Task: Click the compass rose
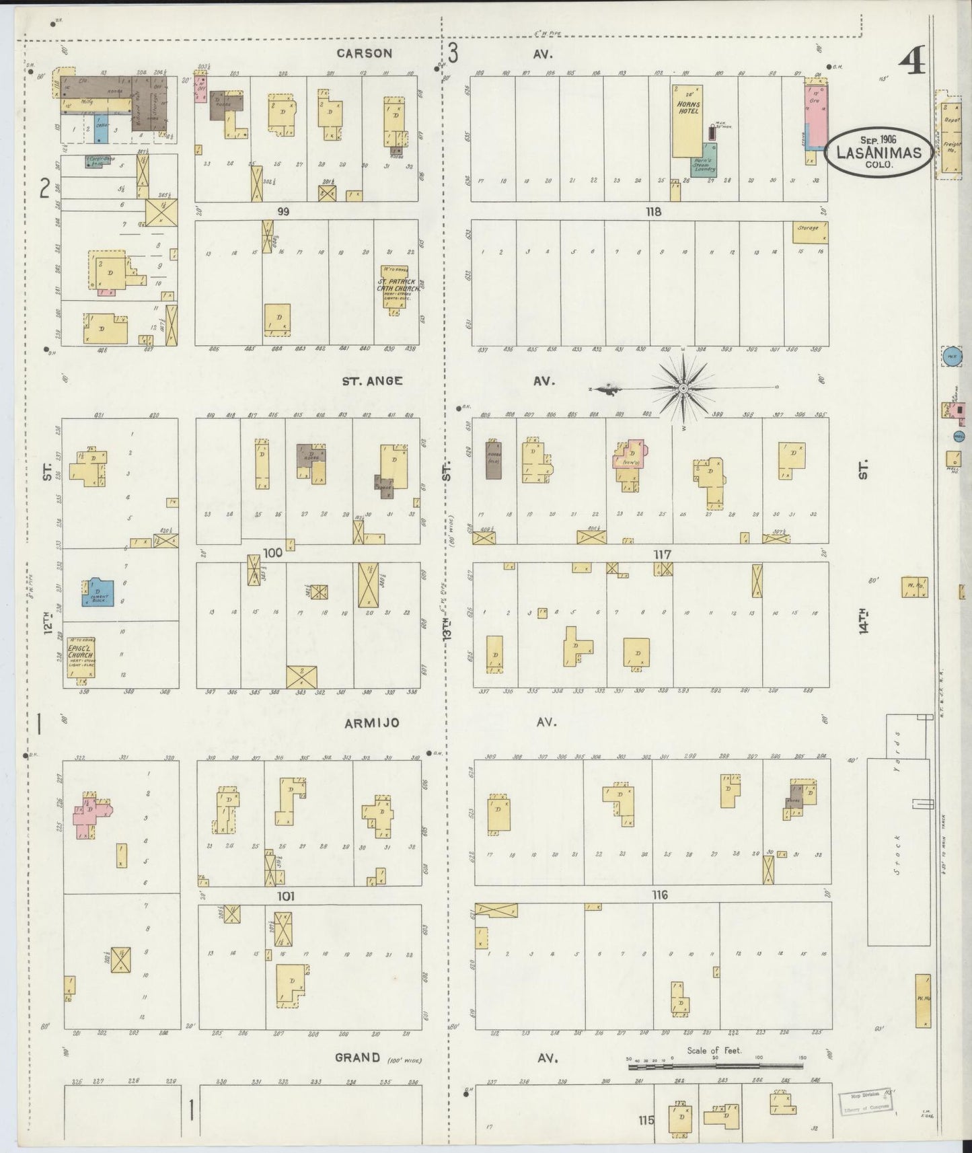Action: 683,388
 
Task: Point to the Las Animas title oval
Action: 878,152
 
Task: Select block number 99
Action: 283,211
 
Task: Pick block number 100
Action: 272,553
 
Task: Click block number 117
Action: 663,554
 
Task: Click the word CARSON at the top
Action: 364,53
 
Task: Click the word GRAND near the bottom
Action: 357,1057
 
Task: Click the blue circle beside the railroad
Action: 950,357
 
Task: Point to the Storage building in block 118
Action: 809,231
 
